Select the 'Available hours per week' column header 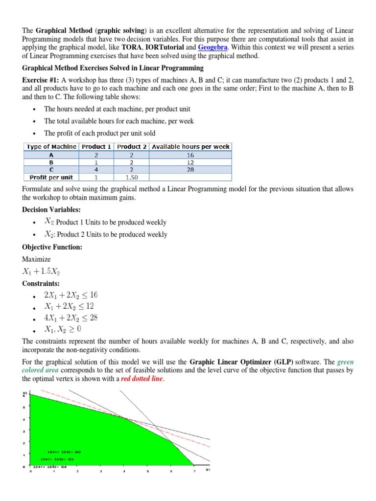point(190,146)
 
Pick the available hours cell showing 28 point(190,169)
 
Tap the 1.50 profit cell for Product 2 point(131,177)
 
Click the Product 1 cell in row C point(96,169)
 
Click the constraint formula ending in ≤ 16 point(71,295)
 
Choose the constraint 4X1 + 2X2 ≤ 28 point(71,318)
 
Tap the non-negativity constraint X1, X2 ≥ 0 point(64,330)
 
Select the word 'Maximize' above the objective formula point(36,259)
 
